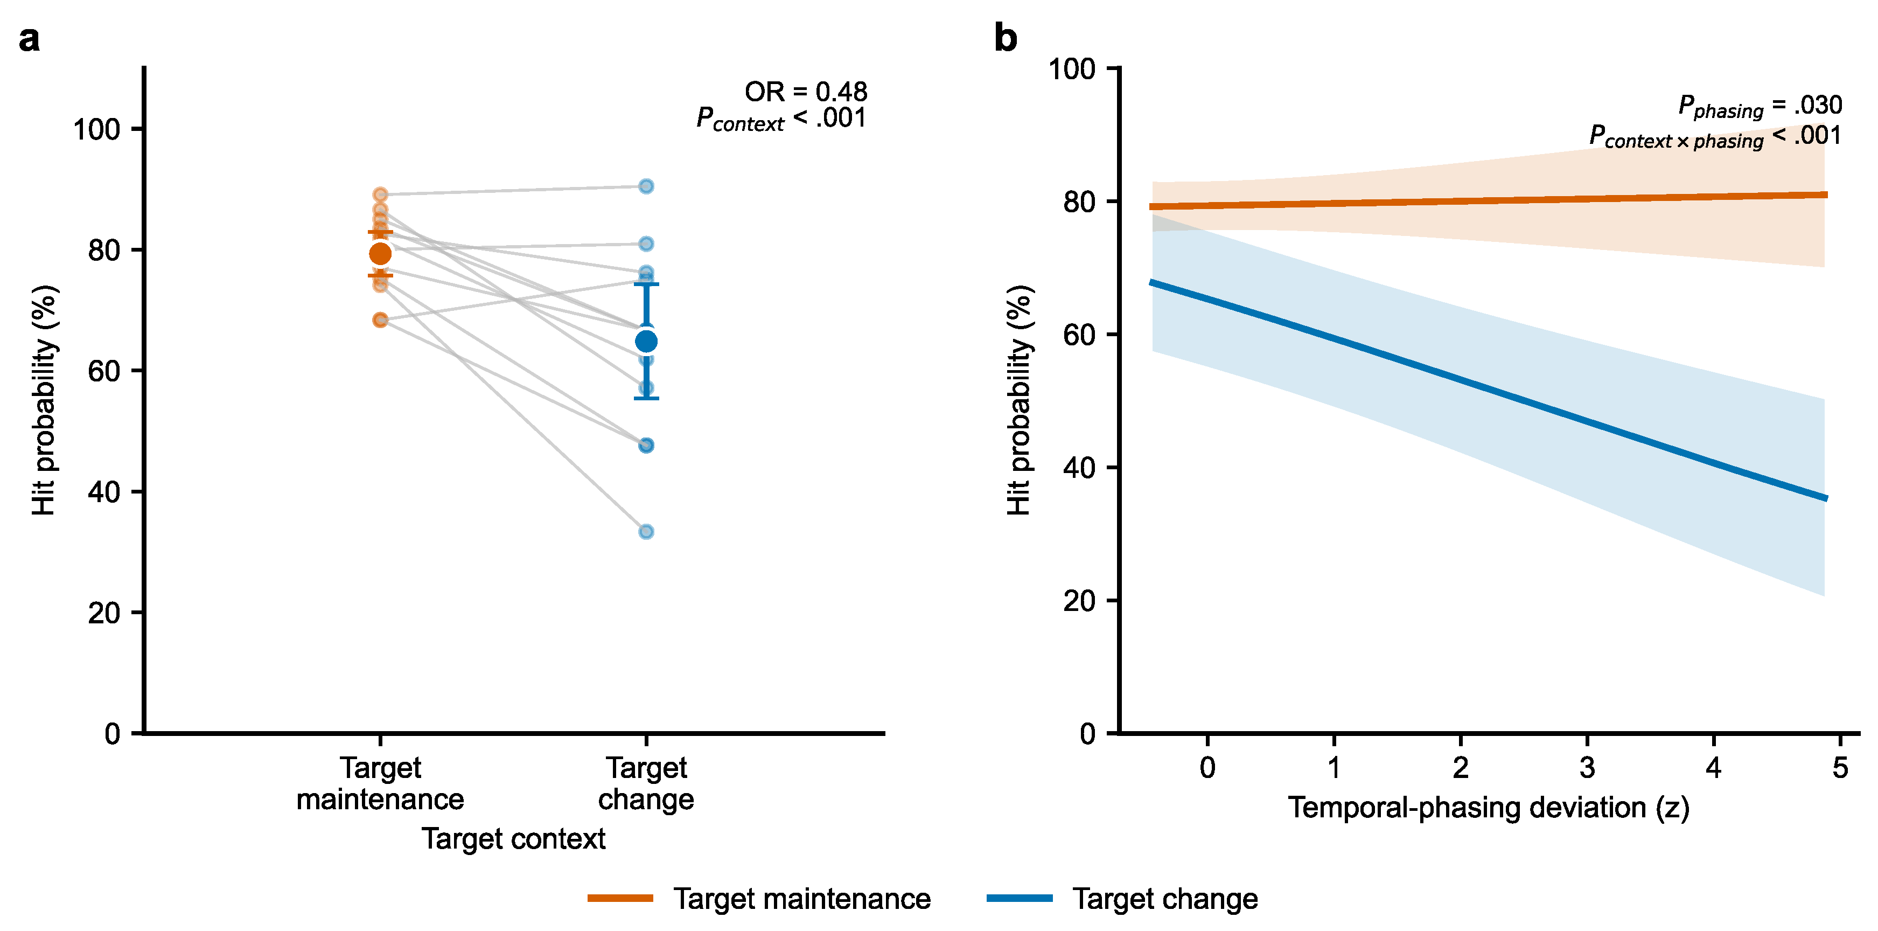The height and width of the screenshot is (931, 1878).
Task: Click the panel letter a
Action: tap(29, 39)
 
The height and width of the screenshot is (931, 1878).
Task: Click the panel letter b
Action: tap(1006, 37)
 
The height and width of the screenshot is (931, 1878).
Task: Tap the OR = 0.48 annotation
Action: tap(806, 92)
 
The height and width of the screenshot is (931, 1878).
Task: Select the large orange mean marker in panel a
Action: tap(380, 254)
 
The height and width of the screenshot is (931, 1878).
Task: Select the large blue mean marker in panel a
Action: tap(646, 341)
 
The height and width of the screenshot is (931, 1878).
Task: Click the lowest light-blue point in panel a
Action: tap(646, 531)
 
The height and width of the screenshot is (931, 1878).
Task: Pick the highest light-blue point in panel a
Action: tap(646, 186)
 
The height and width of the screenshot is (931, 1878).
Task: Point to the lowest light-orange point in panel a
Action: tap(380, 319)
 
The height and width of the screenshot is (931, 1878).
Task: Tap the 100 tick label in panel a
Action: tap(96, 130)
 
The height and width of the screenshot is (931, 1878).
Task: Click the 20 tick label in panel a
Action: tap(104, 613)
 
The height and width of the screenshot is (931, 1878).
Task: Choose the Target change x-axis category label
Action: tap(646, 784)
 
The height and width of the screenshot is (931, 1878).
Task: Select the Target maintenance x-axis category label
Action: tap(380, 784)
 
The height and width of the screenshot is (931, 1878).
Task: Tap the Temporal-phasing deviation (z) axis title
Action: tap(1488, 808)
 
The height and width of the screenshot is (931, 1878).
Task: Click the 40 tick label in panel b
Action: tap(1079, 468)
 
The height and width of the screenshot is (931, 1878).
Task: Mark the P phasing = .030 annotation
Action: tap(1760, 107)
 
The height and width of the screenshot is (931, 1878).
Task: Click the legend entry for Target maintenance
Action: tap(759, 899)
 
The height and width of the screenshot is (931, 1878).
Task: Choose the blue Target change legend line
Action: tap(1019, 898)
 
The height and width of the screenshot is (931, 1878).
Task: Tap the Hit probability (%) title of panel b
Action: tap(1019, 400)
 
